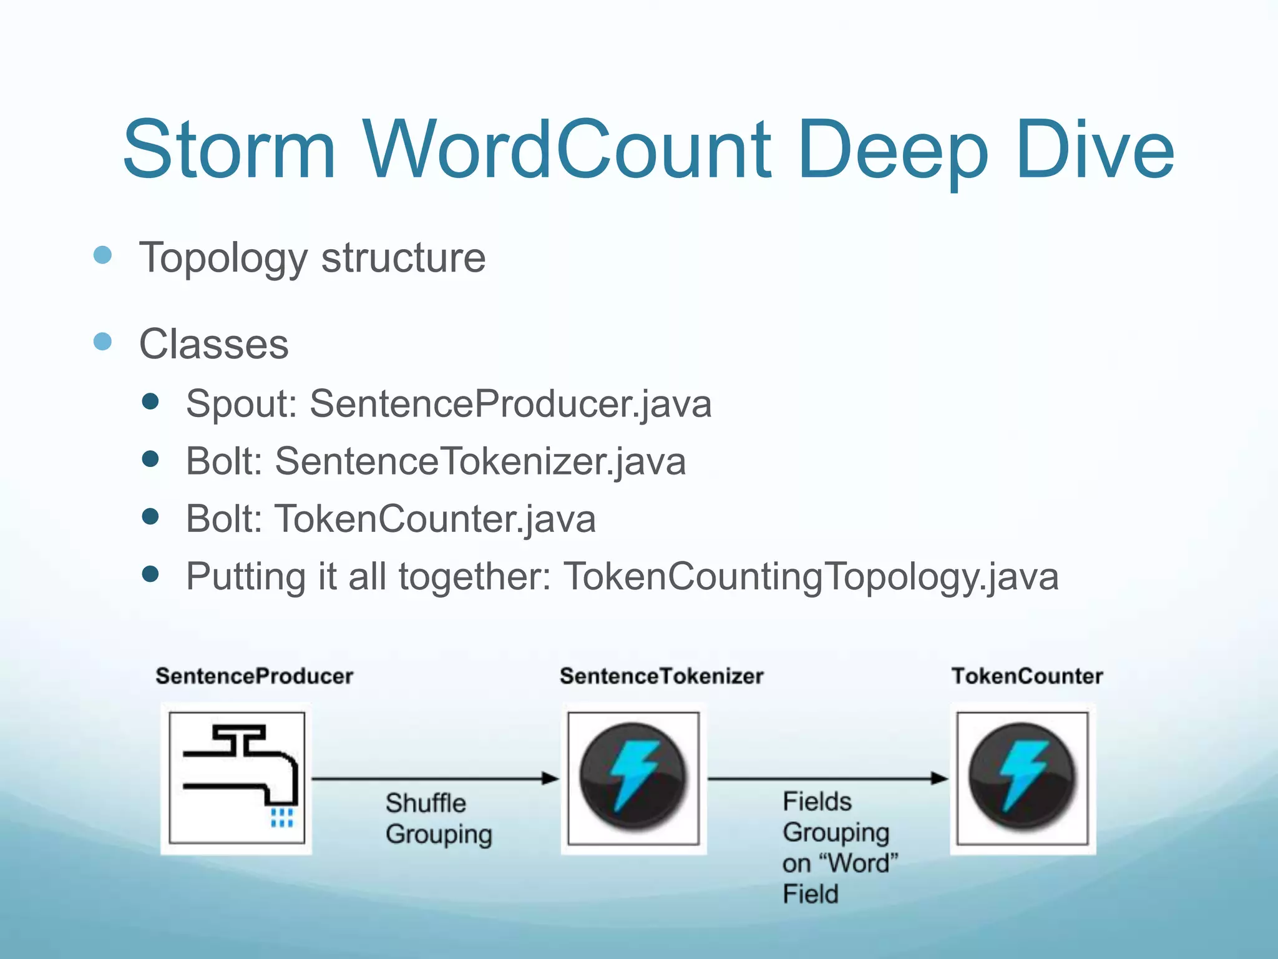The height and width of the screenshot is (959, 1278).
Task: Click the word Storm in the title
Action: point(229,150)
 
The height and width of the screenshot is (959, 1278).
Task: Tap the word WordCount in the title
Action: point(567,150)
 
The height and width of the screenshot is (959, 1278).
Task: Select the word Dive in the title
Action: point(1095,150)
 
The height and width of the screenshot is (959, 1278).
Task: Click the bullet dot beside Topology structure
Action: point(102,255)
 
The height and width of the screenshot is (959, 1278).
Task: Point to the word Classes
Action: point(213,344)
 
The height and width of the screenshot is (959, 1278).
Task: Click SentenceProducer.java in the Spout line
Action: point(510,404)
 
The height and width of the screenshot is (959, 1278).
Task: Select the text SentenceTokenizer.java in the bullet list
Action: point(480,461)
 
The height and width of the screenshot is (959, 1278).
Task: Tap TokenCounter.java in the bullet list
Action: point(435,519)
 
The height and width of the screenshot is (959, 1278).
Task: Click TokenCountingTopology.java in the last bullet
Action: point(811,576)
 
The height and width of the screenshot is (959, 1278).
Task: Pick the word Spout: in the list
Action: point(241,404)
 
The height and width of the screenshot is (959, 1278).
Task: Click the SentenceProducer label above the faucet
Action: point(254,676)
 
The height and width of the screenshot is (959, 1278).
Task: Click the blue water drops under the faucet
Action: point(282,818)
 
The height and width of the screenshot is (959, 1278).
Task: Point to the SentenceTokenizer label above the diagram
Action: point(661,676)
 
